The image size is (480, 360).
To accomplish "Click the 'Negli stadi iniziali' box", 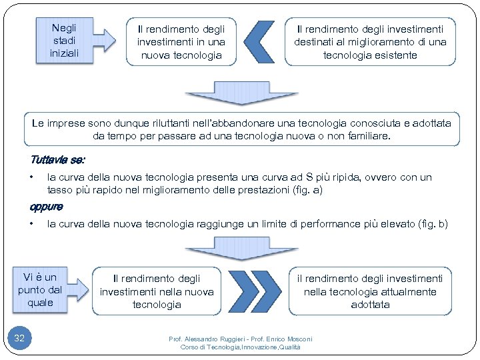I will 63,40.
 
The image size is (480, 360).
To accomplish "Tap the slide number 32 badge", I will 19,339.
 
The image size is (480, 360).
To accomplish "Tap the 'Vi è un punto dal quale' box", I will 41,290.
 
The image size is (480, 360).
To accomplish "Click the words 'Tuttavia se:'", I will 57,160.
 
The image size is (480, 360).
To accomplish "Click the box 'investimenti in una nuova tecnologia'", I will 181,42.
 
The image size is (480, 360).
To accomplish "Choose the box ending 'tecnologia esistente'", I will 370,42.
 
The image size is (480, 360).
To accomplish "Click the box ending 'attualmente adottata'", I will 370,291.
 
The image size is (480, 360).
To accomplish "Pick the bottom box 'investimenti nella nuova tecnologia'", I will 157,291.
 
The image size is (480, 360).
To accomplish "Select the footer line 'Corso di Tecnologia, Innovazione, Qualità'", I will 241,347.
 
